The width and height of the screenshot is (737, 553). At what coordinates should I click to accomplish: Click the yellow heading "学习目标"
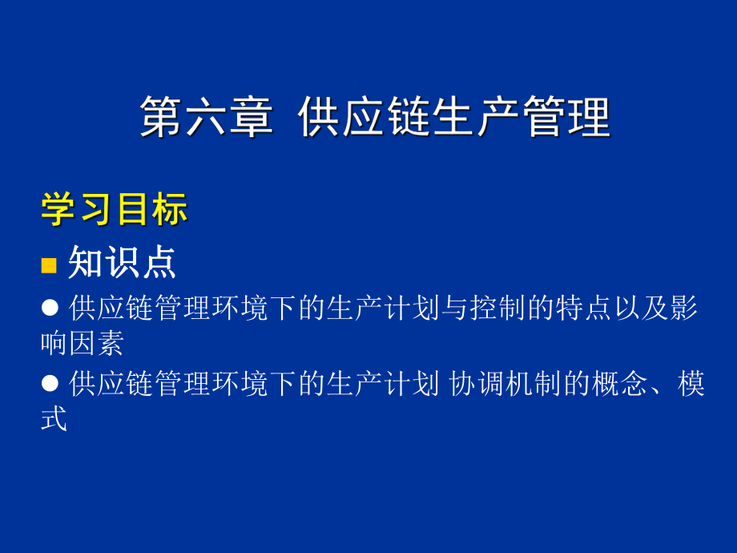[115, 209]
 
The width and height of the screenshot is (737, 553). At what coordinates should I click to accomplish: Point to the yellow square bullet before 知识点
[50, 265]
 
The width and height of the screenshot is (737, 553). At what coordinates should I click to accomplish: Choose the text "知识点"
[122, 262]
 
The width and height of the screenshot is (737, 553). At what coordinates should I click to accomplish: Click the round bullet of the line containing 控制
[50, 306]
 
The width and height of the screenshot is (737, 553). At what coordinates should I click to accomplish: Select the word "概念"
[622, 384]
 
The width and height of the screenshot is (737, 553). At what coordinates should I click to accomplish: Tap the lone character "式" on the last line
[54, 420]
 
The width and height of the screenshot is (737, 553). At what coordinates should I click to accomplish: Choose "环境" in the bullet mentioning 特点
[241, 307]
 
